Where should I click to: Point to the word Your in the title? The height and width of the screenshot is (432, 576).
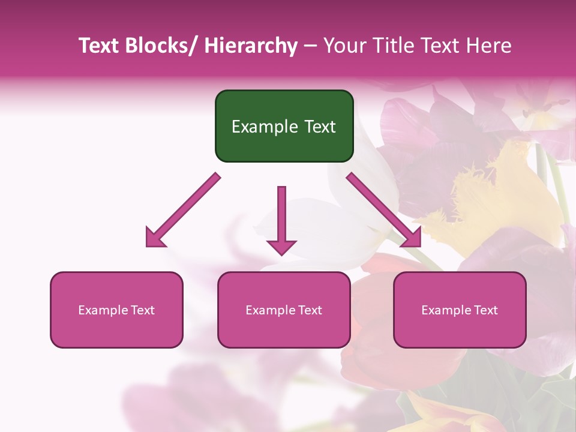click(343, 46)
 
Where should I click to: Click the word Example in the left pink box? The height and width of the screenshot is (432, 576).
click(103, 310)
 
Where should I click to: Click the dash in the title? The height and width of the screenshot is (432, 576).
click(310, 46)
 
